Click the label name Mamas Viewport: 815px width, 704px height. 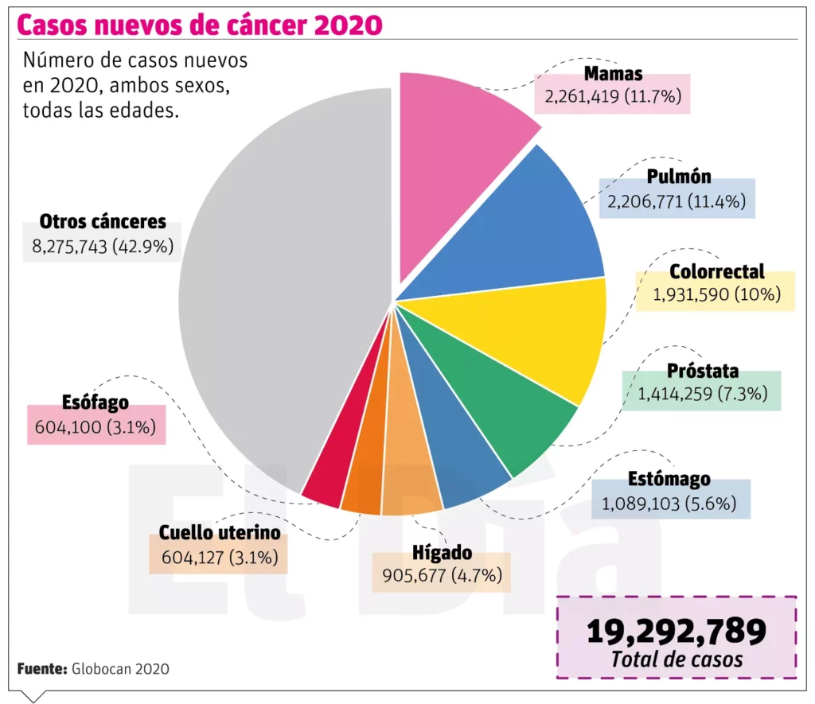[613, 75]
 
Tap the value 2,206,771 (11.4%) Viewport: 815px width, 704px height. [677, 203]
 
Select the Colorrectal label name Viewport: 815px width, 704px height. [716, 272]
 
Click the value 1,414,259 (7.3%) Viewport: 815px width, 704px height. [701, 393]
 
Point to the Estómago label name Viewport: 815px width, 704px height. [669, 480]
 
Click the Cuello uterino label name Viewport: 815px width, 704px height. [219, 533]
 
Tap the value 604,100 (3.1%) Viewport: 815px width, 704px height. [96, 427]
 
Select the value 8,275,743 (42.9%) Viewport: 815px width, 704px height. [102, 247]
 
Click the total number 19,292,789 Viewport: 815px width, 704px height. [676, 631]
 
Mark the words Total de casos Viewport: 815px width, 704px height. [676, 659]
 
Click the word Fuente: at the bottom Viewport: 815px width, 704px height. [41, 669]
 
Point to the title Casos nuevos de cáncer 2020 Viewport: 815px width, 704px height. [199, 25]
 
